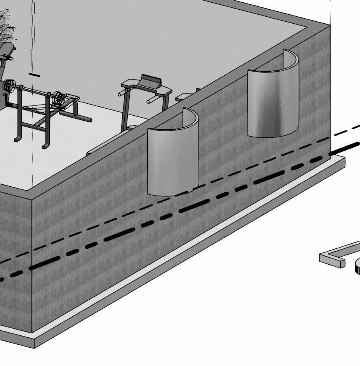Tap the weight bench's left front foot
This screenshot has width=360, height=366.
pos(17,139)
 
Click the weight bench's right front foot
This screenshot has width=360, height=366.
pos(45,147)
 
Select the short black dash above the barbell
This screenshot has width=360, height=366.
pos(34,74)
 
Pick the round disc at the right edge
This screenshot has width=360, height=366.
pos(357,268)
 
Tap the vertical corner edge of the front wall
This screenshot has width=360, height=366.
pos(32,264)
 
